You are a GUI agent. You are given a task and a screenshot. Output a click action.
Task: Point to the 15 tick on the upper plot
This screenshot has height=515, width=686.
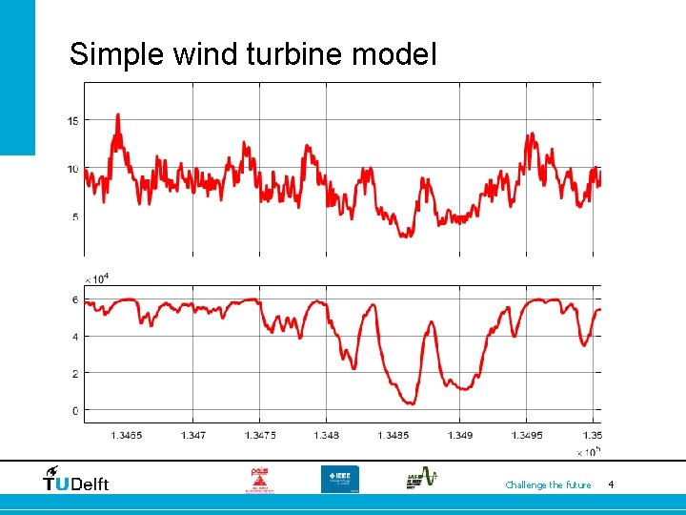[x=72, y=120]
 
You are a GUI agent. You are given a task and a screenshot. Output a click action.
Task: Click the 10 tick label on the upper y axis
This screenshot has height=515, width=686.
[x=72, y=169]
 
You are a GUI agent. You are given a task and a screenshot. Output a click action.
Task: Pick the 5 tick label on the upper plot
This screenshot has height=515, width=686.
[x=75, y=217]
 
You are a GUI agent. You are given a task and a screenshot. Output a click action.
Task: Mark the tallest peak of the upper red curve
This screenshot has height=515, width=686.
[x=118, y=116]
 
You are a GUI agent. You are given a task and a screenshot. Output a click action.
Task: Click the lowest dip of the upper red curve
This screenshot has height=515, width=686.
[x=405, y=234]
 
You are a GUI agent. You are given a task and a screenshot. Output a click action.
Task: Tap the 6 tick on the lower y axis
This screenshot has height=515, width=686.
[x=75, y=299]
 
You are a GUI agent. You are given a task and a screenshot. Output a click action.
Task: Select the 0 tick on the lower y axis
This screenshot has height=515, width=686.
[x=75, y=411]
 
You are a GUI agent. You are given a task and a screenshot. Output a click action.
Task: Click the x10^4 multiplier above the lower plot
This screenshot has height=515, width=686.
[x=96, y=278]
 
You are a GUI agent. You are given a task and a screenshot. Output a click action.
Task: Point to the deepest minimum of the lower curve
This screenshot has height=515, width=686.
[x=408, y=402]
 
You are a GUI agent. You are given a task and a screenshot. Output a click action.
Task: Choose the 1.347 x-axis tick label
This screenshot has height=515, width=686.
[x=192, y=435]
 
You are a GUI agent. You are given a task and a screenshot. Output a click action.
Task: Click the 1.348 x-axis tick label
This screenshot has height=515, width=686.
[x=326, y=435]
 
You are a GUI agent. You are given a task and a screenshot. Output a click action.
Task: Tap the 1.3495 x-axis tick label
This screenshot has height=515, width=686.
[x=526, y=435]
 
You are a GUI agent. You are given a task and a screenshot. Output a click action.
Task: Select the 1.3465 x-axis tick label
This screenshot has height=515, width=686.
[x=126, y=435]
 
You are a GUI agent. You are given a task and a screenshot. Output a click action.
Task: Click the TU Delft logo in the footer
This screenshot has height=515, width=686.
[x=76, y=480]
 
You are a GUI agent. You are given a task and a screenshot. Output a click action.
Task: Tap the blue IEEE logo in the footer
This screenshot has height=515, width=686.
[x=339, y=479]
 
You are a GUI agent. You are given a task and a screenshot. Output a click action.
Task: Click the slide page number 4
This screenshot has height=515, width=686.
[x=611, y=485]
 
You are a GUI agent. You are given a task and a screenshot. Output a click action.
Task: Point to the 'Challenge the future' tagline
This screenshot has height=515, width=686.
[x=548, y=485]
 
